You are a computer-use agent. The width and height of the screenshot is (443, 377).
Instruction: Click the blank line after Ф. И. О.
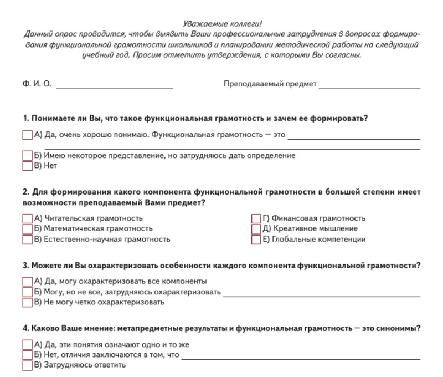pyautogui.click(x=115, y=87)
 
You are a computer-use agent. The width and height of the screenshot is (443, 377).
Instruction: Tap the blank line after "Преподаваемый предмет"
pyautogui.click(x=369, y=87)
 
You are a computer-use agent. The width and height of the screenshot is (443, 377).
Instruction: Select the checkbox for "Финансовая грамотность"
pyautogui.click(x=256, y=218)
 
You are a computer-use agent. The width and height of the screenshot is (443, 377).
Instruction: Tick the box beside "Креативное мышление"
pyautogui.click(x=256, y=228)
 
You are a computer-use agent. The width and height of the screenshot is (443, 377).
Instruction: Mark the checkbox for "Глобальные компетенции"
pyautogui.click(x=256, y=240)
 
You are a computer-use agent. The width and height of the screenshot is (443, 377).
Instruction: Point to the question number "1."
pyautogui.click(x=25, y=119)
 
